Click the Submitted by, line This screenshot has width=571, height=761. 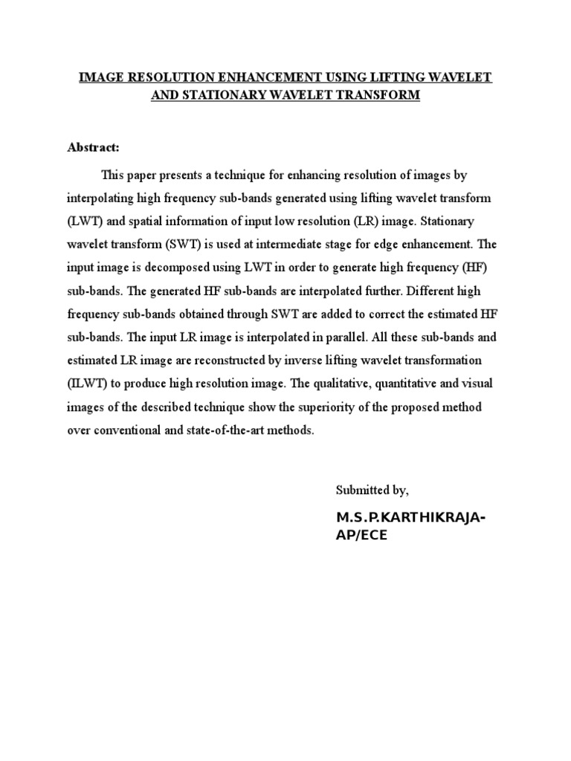(x=372, y=490)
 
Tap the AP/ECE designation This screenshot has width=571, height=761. (x=362, y=536)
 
